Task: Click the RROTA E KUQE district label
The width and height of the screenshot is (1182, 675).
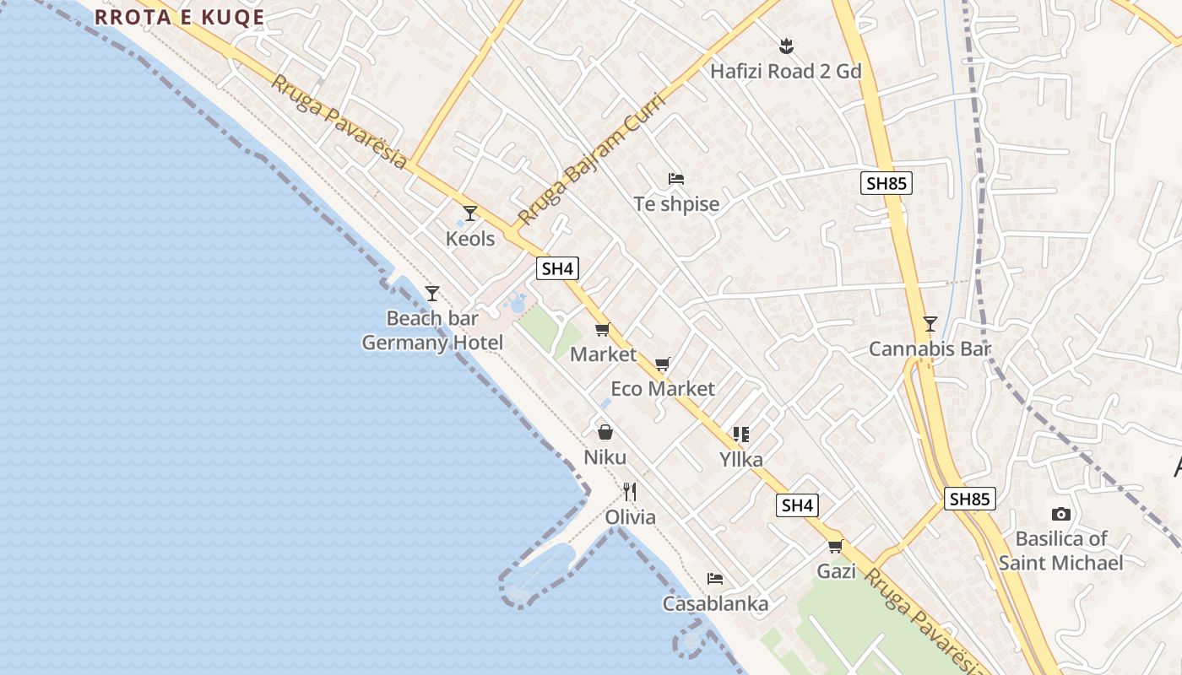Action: [179, 17]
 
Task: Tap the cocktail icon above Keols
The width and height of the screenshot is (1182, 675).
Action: [470, 213]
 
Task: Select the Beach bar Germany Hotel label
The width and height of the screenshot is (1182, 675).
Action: [432, 330]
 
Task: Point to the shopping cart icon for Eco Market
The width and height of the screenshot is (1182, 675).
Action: [663, 364]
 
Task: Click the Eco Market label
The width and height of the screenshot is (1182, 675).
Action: [663, 389]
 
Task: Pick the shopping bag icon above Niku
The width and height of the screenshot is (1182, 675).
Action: [605, 433]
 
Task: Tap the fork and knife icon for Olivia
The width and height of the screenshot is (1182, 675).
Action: [630, 491]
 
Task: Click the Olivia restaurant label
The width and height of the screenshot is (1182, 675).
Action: [630, 517]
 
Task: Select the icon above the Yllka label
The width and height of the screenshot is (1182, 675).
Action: [741, 435]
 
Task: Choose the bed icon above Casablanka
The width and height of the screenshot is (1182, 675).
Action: [715, 579]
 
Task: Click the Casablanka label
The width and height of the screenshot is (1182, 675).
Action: [715, 604]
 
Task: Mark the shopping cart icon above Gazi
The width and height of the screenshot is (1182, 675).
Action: [836, 547]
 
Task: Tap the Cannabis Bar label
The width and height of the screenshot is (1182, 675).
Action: [930, 349]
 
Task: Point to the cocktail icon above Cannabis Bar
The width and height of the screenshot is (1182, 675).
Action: [930, 324]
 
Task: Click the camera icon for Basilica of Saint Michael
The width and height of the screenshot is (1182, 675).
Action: [1061, 514]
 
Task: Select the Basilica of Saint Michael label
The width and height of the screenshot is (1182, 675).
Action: [1061, 550]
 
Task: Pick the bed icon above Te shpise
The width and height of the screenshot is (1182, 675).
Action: [676, 179]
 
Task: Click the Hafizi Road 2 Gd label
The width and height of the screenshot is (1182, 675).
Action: [785, 72]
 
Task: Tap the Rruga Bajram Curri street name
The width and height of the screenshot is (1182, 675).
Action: [591, 159]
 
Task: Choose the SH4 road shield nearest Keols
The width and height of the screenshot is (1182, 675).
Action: [557, 269]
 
